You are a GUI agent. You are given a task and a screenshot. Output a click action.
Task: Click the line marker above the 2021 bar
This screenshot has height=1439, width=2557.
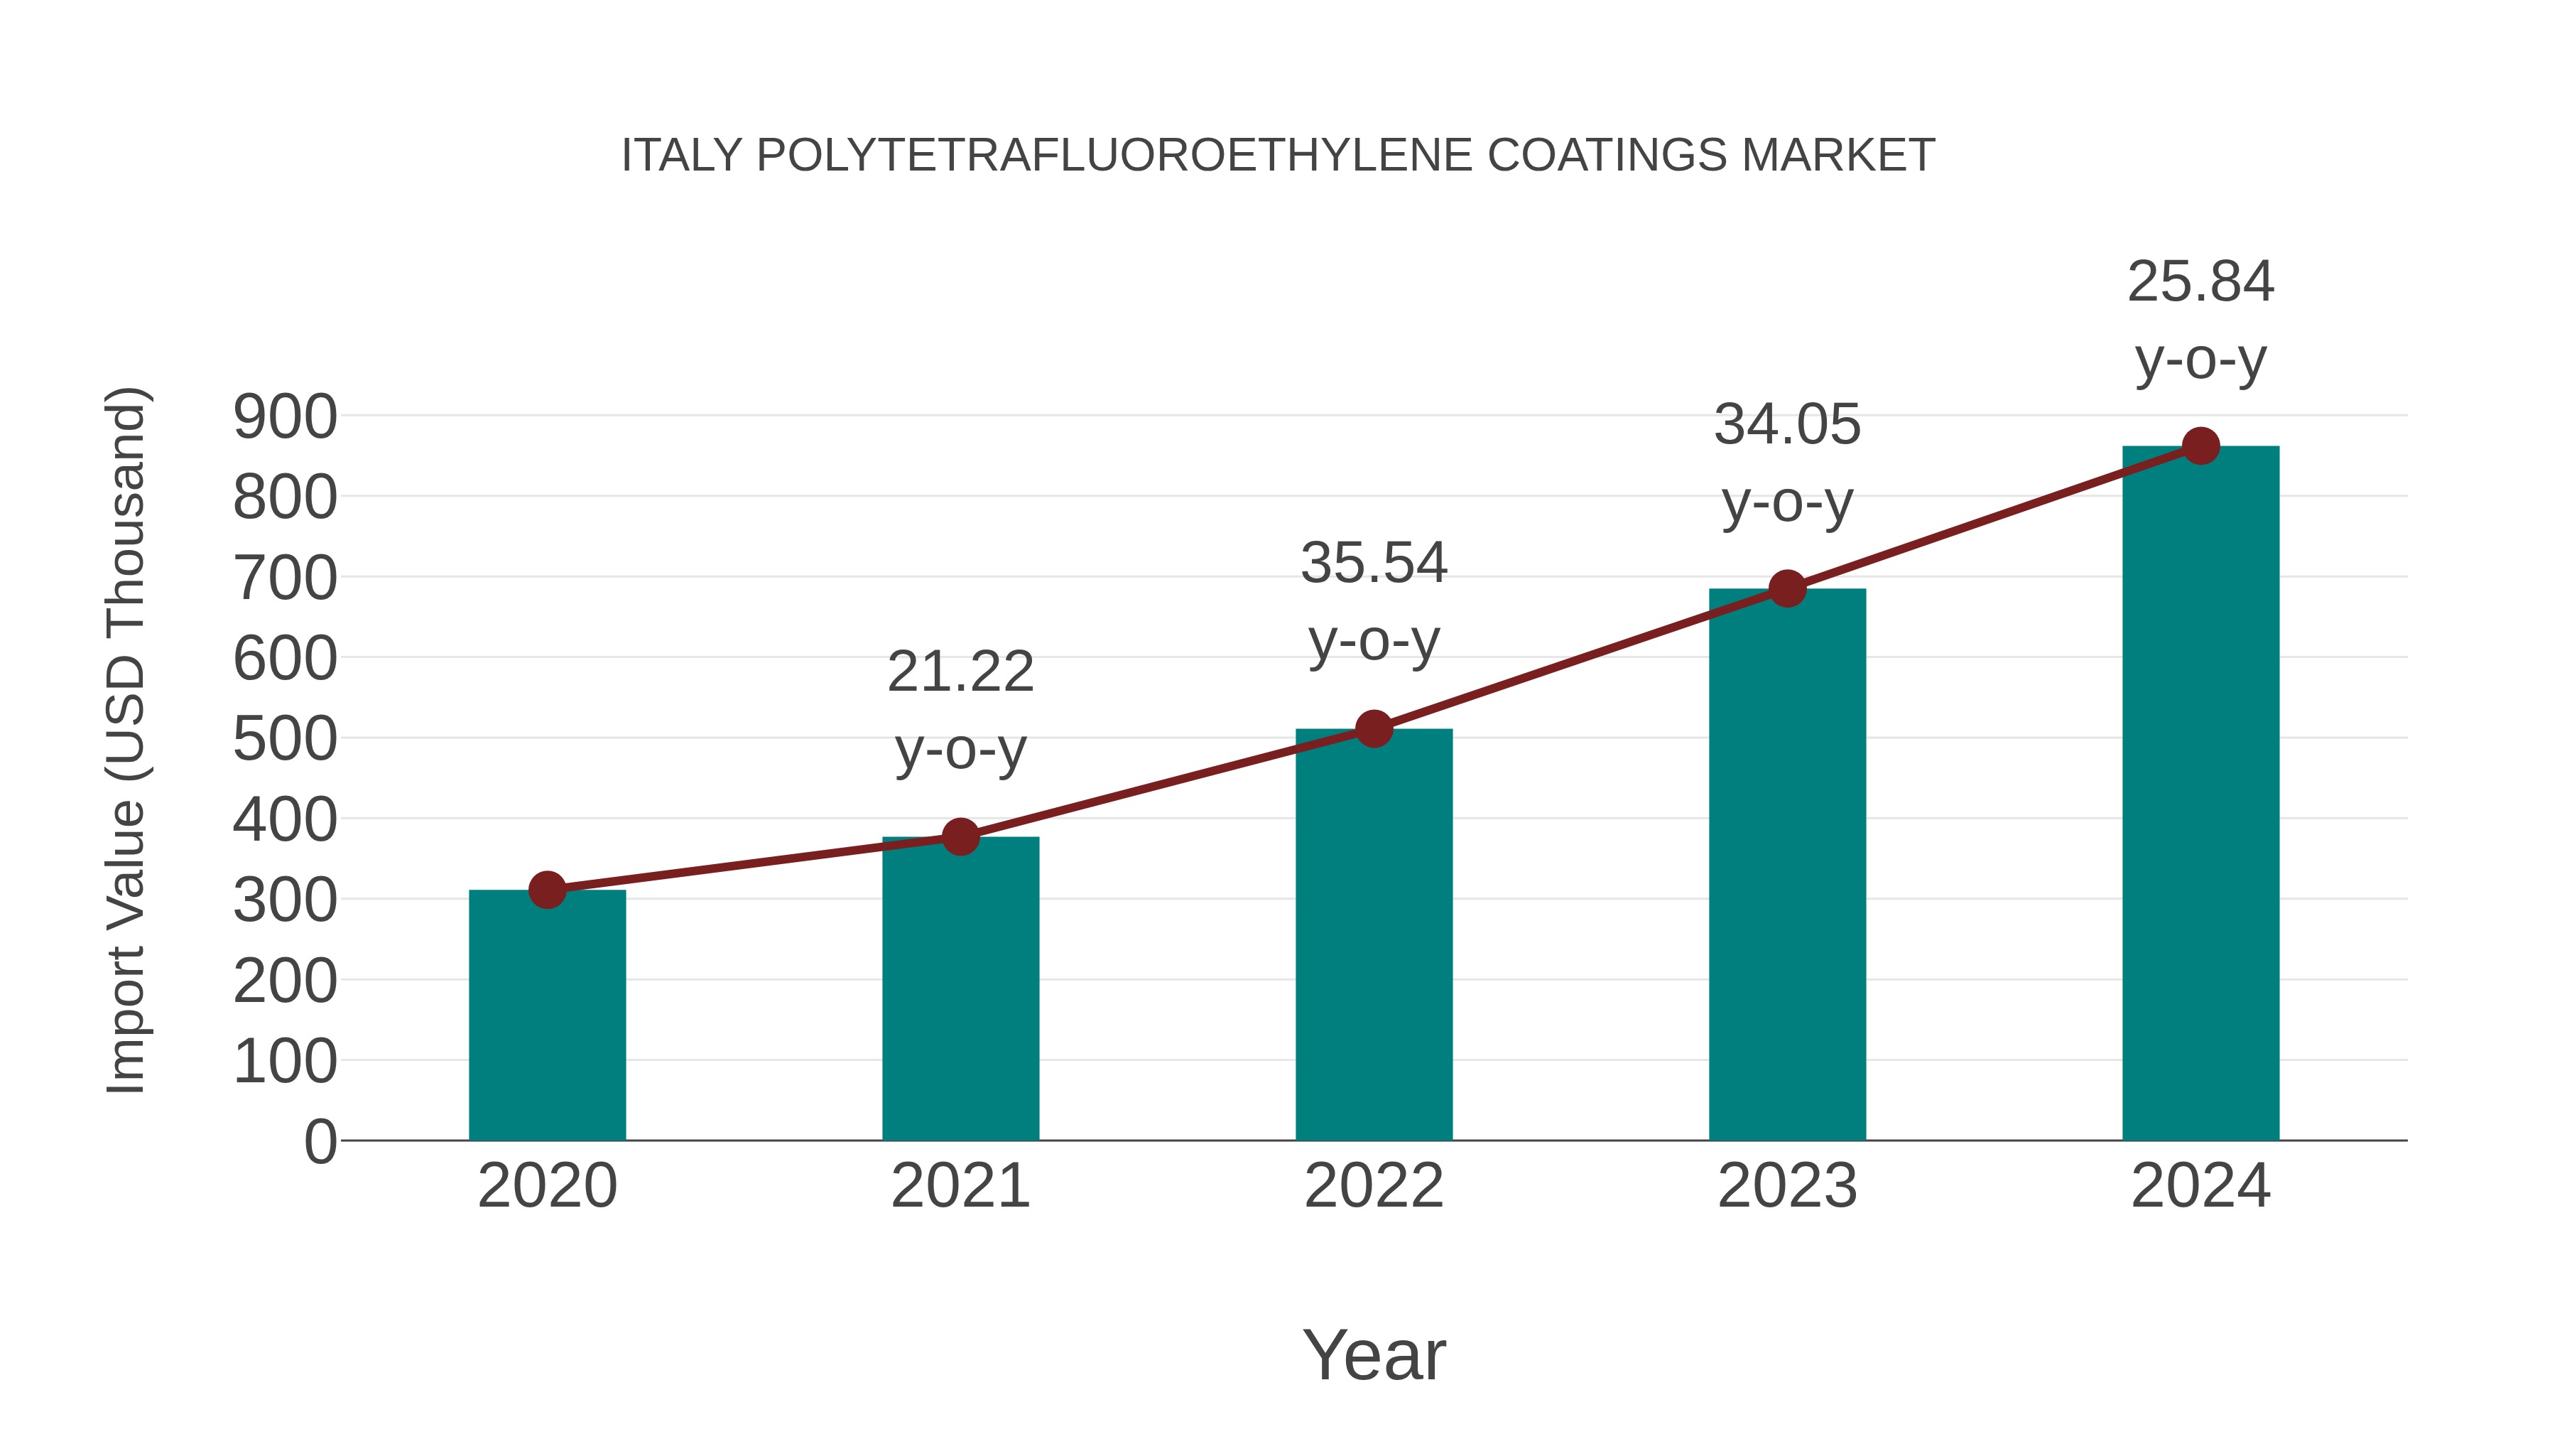click(960, 837)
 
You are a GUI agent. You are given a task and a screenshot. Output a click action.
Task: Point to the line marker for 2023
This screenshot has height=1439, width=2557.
click(1787, 589)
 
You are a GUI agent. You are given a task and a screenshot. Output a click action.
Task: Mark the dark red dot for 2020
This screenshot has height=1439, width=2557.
click(547, 890)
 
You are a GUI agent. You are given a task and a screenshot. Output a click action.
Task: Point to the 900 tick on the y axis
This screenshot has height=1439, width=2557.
click(285, 417)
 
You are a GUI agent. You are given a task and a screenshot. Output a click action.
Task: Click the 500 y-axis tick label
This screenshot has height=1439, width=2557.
click(285, 740)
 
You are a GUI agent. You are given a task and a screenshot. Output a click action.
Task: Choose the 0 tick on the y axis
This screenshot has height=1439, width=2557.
click(320, 1142)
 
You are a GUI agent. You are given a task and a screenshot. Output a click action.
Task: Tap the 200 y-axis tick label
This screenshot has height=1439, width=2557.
click(285, 982)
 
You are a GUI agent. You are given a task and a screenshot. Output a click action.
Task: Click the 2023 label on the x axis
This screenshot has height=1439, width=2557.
click(1787, 1186)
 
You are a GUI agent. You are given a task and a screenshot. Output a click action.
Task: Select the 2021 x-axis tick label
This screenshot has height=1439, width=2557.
click(960, 1186)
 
